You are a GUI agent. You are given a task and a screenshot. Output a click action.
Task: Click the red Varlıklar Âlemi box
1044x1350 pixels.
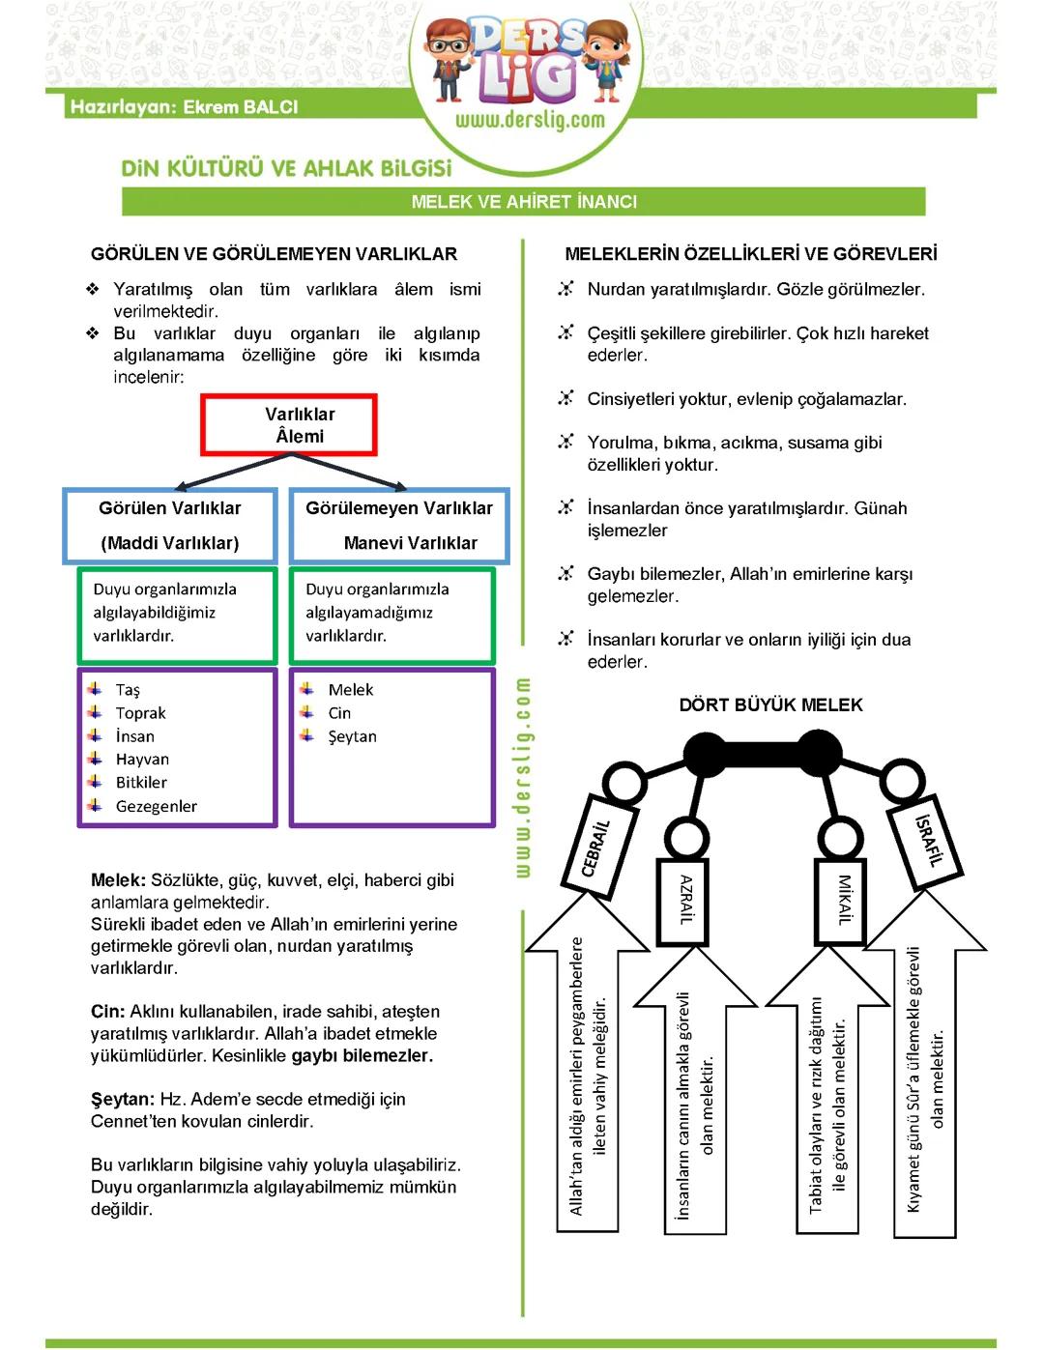pyautogui.click(x=289, y=425)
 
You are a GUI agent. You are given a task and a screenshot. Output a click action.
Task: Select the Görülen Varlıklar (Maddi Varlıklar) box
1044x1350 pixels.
pyautogui.click(x=170, y=526)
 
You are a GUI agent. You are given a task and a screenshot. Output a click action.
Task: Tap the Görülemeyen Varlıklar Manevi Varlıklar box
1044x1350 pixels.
pyautogui.click(x=399, y=526)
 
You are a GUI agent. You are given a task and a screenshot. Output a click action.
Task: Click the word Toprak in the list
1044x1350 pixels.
pyautogui.click(x=141, y=713)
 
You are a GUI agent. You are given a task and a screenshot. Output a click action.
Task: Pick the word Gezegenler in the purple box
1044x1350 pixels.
pyautogui.click(x=157, y=806)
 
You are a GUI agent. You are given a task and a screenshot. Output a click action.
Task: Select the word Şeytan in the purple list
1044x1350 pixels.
pyautogui.click(x=352, y=736)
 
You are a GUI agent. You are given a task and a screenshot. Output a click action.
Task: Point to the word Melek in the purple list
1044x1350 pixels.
pyautogui.click(x=351, y=690)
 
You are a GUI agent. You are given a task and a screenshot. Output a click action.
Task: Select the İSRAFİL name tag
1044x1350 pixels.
pyautogui.click(x=927, y=842)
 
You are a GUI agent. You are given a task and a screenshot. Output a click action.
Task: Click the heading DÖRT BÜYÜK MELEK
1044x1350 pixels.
pyautogui.click(x=770, y=705)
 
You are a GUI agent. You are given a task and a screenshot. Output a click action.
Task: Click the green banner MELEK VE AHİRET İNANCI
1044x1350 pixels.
pyautogui.click(x=524, y=202)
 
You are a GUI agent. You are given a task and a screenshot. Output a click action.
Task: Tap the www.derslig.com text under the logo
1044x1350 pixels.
pyautogui.click(x=530, y=121)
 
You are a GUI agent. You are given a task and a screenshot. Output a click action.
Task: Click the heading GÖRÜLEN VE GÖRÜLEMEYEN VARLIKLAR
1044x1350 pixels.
pyautogui.click(x=274, y=254)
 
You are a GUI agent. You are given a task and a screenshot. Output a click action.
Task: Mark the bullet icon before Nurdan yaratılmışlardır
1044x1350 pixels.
pyautogui.click(x=565, y=289)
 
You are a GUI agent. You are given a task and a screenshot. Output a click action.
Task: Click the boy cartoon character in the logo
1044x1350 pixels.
pyautogui.click(x=448, y=58)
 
